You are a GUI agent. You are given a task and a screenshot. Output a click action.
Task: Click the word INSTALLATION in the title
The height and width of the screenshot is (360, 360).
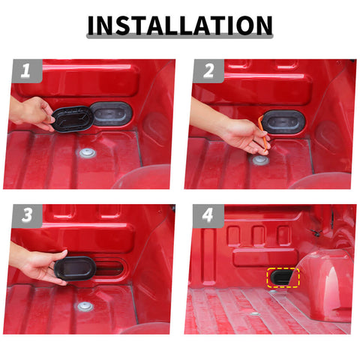point(180,25)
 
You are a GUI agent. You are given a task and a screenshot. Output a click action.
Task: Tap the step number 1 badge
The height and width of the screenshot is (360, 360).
point(25,72)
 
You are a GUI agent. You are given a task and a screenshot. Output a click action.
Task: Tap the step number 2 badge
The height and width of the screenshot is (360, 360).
point(207,72)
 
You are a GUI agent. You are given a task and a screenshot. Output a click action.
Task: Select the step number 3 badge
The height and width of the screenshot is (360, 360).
point(25,217)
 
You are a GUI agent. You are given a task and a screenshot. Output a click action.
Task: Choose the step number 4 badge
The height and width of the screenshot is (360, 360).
point(208,217)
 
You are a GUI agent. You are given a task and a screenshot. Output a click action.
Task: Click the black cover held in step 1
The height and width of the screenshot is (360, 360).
point(71,118)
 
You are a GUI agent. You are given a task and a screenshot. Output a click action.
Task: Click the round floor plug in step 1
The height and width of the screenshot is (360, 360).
point(88,153)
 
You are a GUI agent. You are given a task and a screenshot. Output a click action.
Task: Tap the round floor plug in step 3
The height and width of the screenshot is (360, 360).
point(85,307)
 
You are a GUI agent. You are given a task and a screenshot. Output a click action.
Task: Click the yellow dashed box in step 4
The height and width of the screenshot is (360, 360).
point(283,279)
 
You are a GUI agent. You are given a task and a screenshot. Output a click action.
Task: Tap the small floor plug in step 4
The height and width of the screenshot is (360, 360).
point(256,313)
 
